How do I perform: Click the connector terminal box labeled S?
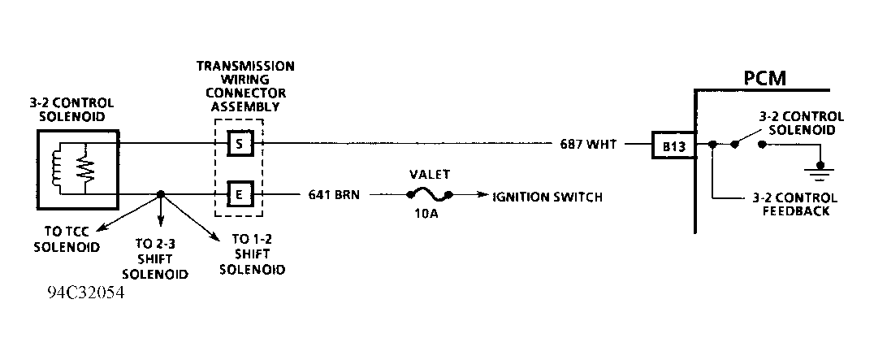coord(241,144)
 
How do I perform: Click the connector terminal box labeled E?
coord(241,195)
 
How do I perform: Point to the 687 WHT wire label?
coord(588,145)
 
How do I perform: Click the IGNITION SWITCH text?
coord(547,196)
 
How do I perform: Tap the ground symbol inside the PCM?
coord(821,171)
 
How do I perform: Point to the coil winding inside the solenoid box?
coord(57,168)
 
